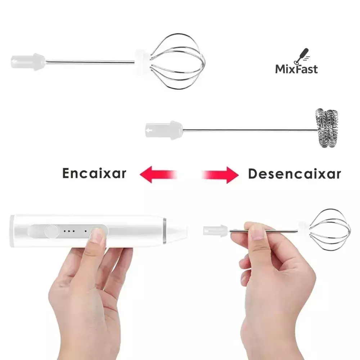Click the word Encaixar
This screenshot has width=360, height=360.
click(94, 174)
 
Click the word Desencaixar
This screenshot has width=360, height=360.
click(294, 174)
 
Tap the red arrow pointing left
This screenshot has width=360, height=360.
click(158, 175)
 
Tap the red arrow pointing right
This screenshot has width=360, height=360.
click(220, 175)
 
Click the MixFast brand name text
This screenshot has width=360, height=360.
click(296, 69)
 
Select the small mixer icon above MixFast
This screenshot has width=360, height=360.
click(302, 56)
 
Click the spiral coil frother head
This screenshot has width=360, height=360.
click(326, 128)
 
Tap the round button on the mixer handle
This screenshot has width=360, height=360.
click(51, 231)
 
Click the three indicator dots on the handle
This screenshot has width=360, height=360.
click(69, 231)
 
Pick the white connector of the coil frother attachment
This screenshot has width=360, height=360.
click(164, 131)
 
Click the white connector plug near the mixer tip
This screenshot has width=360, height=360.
click(215, 231)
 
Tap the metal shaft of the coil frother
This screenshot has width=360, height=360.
click(250, 130)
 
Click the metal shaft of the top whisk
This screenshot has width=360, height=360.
click(90, 62)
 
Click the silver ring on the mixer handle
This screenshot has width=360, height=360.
click(165, 231)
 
